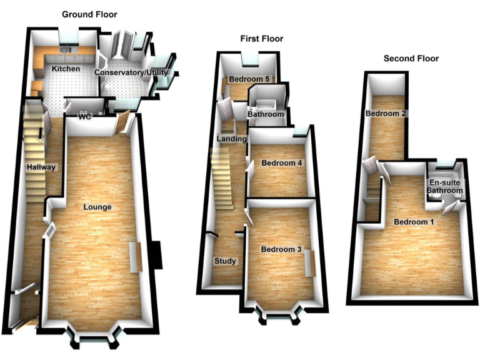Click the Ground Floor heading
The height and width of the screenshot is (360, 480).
(89, 14)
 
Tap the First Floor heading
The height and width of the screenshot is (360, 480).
(262, 39)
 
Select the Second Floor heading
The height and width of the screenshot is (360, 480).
(411, 59)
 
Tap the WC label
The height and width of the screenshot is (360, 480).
(85, 116)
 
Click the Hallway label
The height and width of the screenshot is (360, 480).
(41, 167)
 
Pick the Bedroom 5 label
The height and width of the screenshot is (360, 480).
(249, 79)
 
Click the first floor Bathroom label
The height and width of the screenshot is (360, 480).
(266, 115)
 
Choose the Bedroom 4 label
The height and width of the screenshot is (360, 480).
(282, 163)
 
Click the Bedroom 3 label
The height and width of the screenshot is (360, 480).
(281, 249)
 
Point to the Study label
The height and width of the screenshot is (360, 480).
(225, 261)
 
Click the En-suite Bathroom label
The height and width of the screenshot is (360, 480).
(445, 186)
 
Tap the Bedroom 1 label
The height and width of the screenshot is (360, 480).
(413, 222)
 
